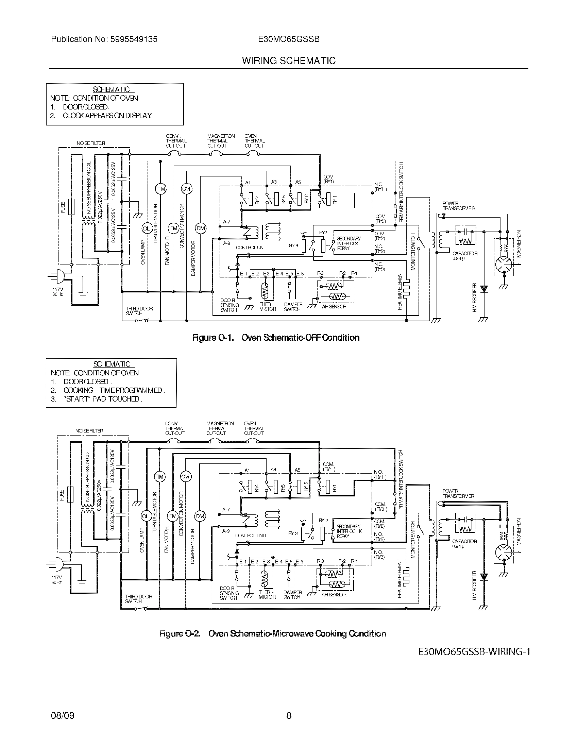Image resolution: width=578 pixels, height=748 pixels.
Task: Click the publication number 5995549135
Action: pyautogui.click(x=134, y=39)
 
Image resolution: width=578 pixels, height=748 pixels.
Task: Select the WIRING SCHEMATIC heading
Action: pyautogui.click(x=289, y=61)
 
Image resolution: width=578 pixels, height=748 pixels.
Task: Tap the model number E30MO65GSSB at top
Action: pyautogui.click(x=289, y=39)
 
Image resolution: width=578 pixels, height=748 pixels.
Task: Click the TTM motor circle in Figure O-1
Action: pyautogui.click(x=160, y=189)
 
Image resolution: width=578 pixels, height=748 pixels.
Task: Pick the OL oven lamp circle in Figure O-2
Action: pyautogui.click(x=145, y=516)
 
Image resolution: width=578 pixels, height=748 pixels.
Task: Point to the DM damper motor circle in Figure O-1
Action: pyautogui.click(x=200, y=228)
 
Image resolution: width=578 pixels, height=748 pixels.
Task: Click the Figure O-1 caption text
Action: pyautogui.click(x=276, y=338)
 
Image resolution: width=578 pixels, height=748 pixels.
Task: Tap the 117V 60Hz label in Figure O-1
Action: pyautogui.click(x=57, y=291)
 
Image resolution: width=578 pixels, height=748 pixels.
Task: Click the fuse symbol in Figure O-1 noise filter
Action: pyautogui.click(x=71, y=206)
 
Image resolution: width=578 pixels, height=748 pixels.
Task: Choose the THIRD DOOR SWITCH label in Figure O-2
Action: pyautogui.click(x=138, y=599)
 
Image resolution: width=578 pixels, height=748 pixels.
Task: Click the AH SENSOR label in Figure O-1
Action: pyautogui.click(x=334, y=307)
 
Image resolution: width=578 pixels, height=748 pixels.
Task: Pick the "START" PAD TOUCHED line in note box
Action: pyautogui.click(x=103, y=399)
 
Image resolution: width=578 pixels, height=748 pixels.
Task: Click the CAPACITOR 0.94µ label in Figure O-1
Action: pyautogui.click(x=465, y=256)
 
